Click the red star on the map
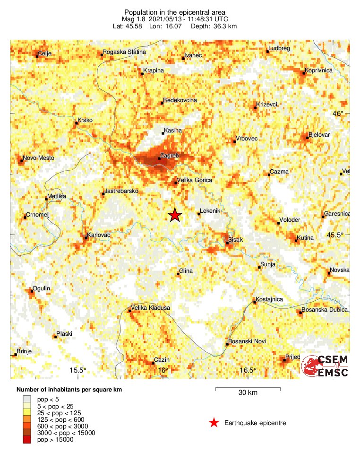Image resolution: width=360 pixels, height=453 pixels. (x=175, y=215)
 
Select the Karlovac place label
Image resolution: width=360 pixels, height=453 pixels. (x=99, y=235)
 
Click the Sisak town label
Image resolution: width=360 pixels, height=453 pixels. (x=235, y=240)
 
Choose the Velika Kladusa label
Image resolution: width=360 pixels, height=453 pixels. (x=150, y=308)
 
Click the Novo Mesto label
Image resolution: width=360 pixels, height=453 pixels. (x=39, y=158)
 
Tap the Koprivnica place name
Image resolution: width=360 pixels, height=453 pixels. (x=319, y=70)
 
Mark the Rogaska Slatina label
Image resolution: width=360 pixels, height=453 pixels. (x=124, y=52)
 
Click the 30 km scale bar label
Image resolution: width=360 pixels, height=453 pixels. (x=248, y=393)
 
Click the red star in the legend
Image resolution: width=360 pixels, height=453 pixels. (x=214, y=423)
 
